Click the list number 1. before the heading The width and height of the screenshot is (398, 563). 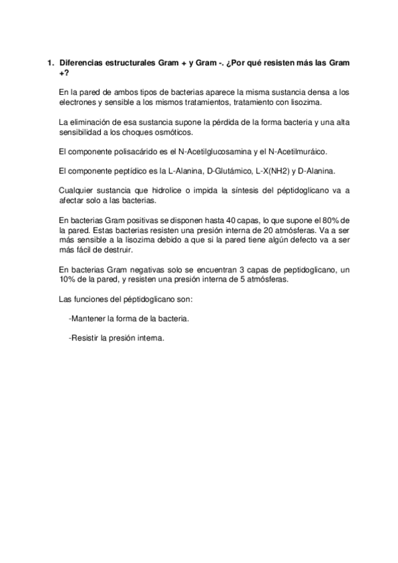tap(49, 62)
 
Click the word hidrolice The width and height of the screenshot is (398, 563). tap(182, 191)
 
